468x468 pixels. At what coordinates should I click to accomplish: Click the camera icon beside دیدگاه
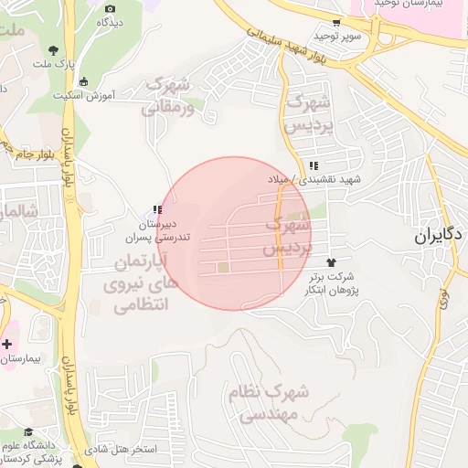click(x=111, y=8)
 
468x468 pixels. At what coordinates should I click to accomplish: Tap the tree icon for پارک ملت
click(x=56, y=50)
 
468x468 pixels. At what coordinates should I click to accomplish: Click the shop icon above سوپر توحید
click(x=337, y=23)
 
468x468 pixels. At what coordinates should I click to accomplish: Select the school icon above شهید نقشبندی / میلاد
click(x=314, y=166)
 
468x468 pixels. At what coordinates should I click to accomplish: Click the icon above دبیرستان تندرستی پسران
click(x=157, y=209)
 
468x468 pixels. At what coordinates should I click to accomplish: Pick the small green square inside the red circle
click(x=223, y=268)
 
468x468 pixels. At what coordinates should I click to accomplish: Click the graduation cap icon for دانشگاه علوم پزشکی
click(x=28, y=432)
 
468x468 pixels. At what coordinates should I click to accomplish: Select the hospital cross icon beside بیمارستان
click(x=7, y=344)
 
